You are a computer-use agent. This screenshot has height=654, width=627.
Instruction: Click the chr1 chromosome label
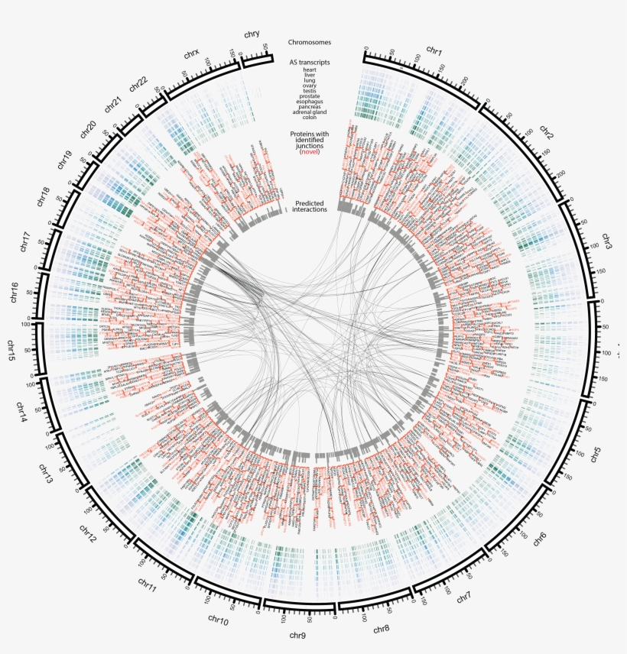click(x=434, y=51)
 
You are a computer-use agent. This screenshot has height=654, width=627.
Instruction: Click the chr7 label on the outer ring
click(x=464, y=598)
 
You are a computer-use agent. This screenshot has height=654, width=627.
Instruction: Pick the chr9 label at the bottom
click(x=298, y=635)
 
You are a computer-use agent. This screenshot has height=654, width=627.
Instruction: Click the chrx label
click(x=192, y=53)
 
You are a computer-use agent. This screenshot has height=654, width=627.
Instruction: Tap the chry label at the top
click(x=252, y=34)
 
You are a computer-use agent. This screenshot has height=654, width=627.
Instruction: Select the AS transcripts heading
click(x=310, y=62)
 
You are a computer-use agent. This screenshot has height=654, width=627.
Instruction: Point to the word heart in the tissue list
click(x=310, y=71)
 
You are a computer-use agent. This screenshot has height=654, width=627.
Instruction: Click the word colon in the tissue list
click(x=310, y=117)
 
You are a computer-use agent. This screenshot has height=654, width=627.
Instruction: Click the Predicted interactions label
click(x=310, y=206)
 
